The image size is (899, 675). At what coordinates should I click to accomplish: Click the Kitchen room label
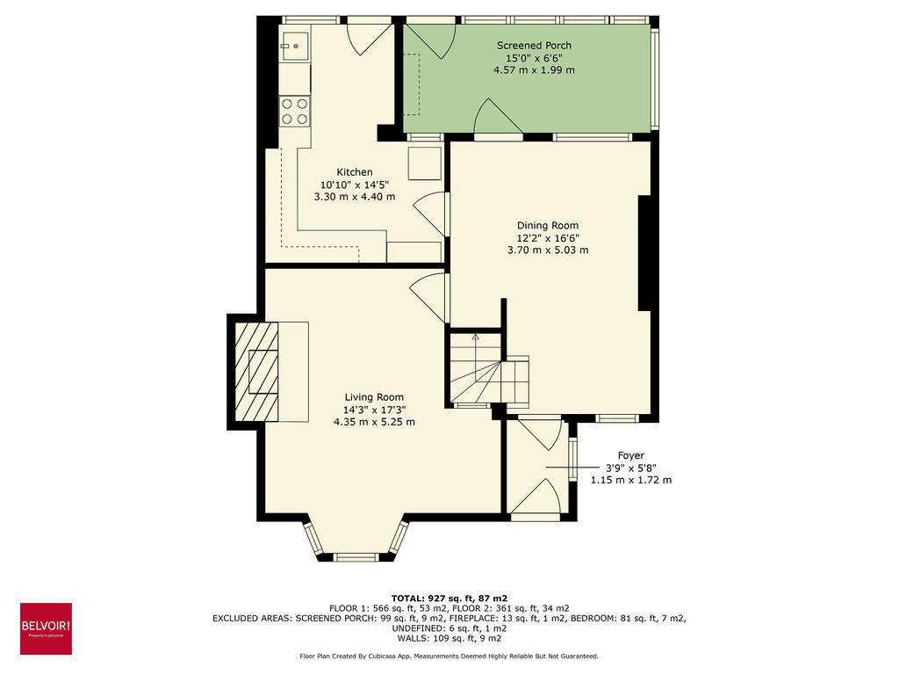point(355,172)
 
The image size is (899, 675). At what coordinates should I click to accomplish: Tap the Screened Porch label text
point(534,46)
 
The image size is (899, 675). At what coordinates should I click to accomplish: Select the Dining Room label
point(548,226)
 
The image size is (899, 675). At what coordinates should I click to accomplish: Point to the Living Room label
point(374,397)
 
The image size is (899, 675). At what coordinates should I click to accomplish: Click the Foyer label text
point(630,455)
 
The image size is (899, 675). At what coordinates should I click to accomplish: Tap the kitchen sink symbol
point(296,43)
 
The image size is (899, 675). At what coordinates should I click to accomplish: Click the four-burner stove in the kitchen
point(295,110)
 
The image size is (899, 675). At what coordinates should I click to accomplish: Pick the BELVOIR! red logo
point(46,628)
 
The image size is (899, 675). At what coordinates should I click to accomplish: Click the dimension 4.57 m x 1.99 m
point(534,70)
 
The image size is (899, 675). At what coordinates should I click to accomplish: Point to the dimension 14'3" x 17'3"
point(374,410)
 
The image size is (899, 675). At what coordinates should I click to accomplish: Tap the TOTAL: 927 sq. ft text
point(449,598)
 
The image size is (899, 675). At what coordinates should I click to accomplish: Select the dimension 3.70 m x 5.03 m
point(548,250)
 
